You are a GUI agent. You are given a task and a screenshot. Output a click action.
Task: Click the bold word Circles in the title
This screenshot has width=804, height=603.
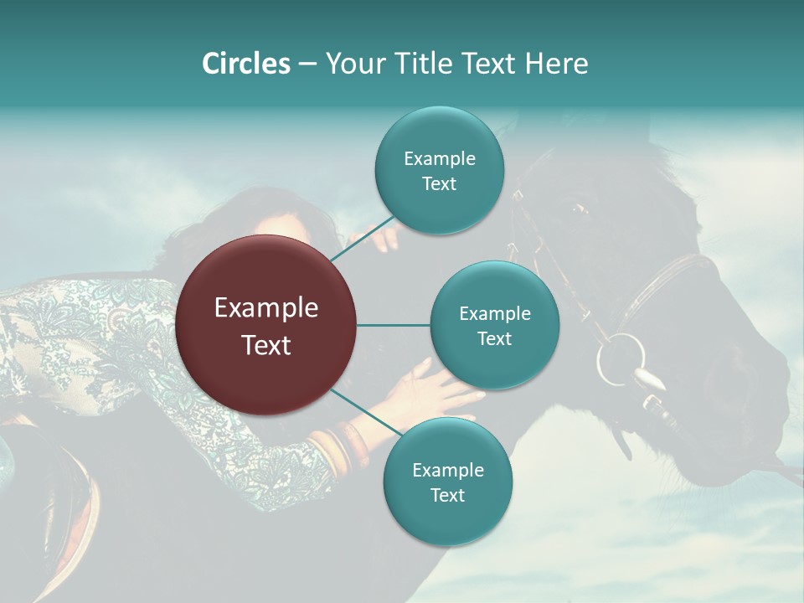[245, 63]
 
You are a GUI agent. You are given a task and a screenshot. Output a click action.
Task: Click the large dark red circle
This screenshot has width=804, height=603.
[266, 325]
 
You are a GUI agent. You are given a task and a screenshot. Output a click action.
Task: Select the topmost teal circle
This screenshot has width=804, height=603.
[439, 171]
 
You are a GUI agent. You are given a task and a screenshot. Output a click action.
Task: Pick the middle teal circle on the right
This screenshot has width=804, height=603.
[494, 325]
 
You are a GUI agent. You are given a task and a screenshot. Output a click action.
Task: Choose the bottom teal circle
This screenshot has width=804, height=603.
[447, 482]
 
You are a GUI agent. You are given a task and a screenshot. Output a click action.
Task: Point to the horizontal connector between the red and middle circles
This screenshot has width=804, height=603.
[394, 325]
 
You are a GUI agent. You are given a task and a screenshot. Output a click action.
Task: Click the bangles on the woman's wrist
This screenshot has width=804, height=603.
[335, 448]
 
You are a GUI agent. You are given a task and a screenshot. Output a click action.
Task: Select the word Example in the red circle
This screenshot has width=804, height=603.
[266, 308]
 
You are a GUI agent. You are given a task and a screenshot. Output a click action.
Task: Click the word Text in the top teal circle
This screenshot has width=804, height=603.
[439, 184]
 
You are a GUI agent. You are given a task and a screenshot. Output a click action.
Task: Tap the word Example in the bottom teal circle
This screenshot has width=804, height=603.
[447, 470]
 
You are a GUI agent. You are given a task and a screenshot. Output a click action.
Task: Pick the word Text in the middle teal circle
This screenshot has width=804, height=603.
[494, 338]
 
